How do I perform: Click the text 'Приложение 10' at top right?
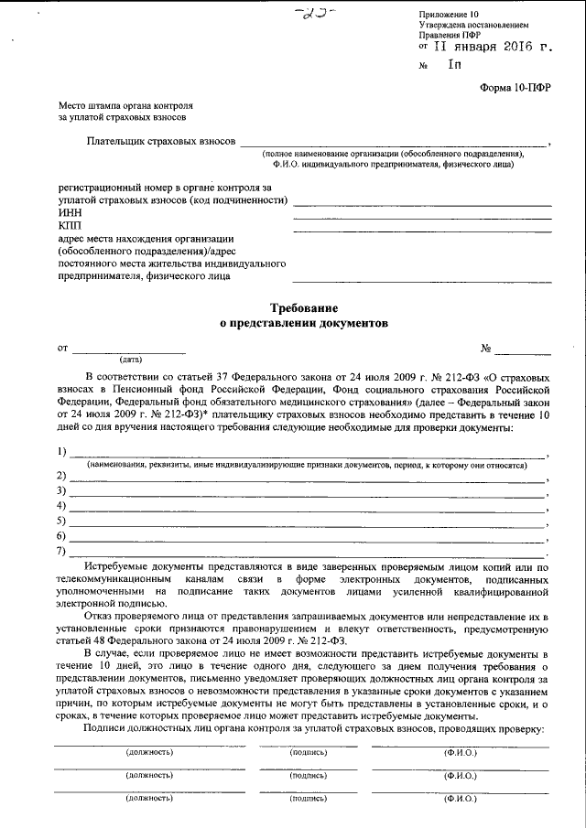pos(449,16)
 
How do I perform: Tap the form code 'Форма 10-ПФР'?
pos(515,89)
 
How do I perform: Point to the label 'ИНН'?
pos(70,212)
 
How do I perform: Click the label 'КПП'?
pos(70,225)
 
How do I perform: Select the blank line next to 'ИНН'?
pos(421,217)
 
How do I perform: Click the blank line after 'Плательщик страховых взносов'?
pos(394,145)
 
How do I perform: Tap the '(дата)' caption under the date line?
pos(118,360)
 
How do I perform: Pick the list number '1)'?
pos(61,452)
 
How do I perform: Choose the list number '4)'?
pos(61,506)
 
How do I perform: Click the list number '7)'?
pos(61,551)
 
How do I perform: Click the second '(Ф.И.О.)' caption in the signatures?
pos(460,775)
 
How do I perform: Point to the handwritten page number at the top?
pos(321,11)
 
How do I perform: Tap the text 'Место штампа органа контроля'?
pos(127,106)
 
